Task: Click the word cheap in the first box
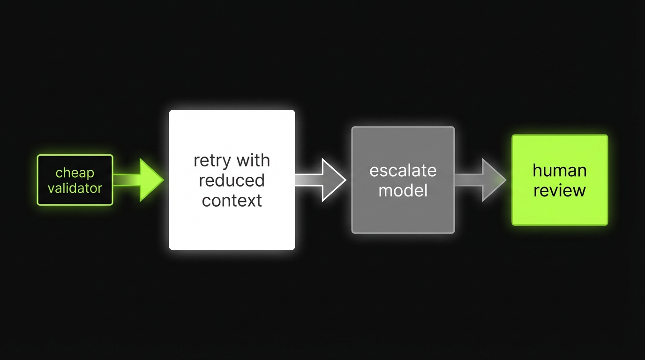click(x=75, y=173)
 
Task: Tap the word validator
click(x=75, y=188)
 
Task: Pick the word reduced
click(x=232, y=180)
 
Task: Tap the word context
click(x=232, y=201)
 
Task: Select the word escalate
click(x=403, y=171)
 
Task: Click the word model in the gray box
click(x=403, y=190)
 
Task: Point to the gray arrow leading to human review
click(x=481, y=180)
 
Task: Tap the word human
click(x=559, y=171)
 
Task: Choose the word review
click(x=559, y=191)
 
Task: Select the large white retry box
click(x=232, y=225)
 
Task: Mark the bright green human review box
click(x=559, y=211)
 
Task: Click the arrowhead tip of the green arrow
click(x=161, y=180)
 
